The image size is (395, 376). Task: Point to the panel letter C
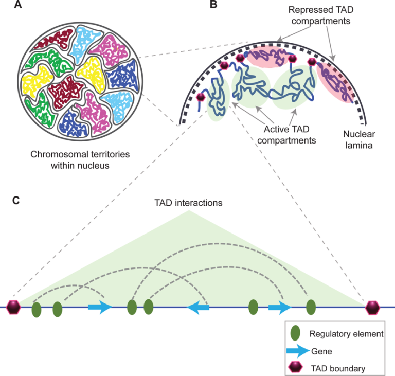[x=16, y=200]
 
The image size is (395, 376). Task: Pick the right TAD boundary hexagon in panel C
[x=372, y=307]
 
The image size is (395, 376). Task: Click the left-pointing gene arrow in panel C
[x=198, y=308]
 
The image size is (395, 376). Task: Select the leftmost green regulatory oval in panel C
[x=37, y=309]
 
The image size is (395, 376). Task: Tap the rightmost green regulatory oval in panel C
[x=311, y=308]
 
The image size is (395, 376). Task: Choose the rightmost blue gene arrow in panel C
[x=279, y=308]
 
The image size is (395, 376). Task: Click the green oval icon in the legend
[x=295, y=333]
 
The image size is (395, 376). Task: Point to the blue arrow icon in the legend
[x=296, y=351]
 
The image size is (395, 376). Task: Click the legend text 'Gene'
[x=321, y=351]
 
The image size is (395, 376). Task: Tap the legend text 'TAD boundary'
[x=338, y=368]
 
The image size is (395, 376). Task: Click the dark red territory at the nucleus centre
[x=65, y=92]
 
